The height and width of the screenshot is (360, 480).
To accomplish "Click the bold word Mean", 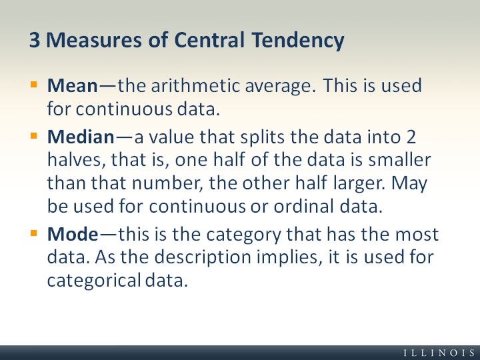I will tap(72, 86).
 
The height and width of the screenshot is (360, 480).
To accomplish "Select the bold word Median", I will tap(81, 138).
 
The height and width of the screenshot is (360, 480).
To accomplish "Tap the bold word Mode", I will tap(72, 235).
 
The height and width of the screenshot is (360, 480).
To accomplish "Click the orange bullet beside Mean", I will tap(34, 85).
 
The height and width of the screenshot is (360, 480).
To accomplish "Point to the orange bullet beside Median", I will tap(34, 137).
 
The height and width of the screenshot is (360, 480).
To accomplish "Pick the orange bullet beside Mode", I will tap(34, 233).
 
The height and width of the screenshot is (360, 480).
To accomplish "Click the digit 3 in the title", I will tap(35, 40).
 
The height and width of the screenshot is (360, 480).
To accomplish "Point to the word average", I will tap(275, 87).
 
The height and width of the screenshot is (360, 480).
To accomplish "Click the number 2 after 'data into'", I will tap(412, 138).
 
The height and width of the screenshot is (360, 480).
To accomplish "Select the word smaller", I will tap(400, 161).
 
